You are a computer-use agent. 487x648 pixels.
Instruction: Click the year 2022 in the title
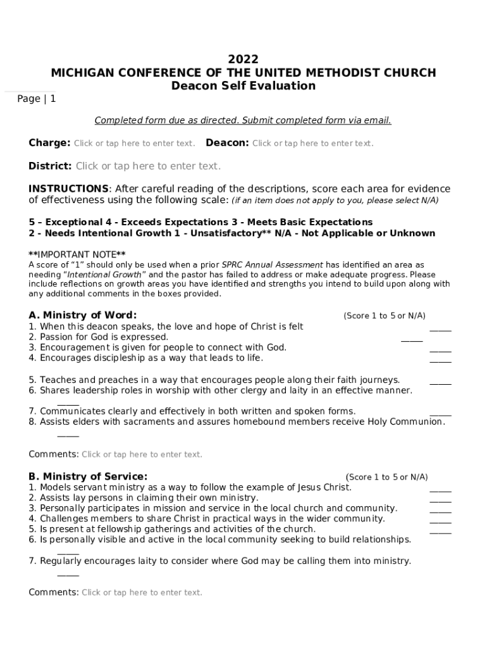(244, 59)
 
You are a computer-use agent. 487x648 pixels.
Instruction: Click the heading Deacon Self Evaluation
(244, 86)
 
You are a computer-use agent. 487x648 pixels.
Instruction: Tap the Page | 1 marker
(37, 99)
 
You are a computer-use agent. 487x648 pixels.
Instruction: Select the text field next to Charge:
(134, 144)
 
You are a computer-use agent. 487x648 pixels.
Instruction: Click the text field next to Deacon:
(312, 144)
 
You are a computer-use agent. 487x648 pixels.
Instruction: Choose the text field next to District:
(148, 166)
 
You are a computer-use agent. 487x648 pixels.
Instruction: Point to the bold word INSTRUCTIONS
(68, 189)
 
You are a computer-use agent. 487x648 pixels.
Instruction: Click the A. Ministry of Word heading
(82, 315)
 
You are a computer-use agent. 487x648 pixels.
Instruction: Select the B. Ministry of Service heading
(88, 477)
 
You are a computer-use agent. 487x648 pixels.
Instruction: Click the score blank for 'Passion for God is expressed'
(411, 340)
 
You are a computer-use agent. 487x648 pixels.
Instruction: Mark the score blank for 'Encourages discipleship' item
(440, 360)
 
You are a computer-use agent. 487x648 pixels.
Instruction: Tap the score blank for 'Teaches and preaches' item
(440, 382)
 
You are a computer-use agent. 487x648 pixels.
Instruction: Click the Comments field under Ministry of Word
(142, 454)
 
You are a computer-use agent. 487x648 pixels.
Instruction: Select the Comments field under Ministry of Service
(142, 593)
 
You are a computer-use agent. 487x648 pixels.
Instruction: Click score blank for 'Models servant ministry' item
(440, 490)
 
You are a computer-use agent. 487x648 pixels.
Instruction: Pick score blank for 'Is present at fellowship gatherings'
(440, 532)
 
